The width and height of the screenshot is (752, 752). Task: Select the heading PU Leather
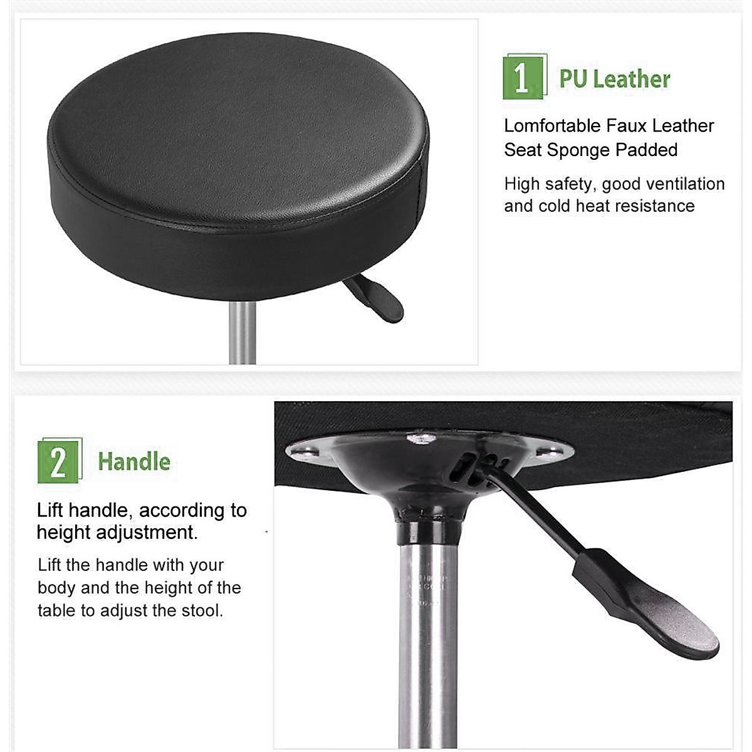point(615,80)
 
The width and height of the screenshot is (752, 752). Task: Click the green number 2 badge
point(58,462)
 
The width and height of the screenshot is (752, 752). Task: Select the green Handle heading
point(134,462)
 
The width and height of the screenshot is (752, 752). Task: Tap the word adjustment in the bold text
point(157,533)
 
